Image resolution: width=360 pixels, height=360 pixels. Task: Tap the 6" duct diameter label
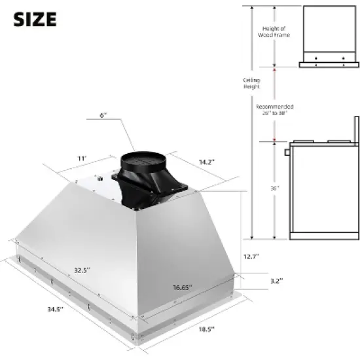[103, 115]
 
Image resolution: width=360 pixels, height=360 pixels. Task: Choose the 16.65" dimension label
[180, 287]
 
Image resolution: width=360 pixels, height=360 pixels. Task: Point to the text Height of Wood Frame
[276, 31]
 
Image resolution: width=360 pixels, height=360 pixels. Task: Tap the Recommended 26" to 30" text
[274, 109]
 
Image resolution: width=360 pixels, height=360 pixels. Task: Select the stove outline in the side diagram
[321, 190]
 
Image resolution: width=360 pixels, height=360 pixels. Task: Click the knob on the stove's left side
[287, 153]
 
